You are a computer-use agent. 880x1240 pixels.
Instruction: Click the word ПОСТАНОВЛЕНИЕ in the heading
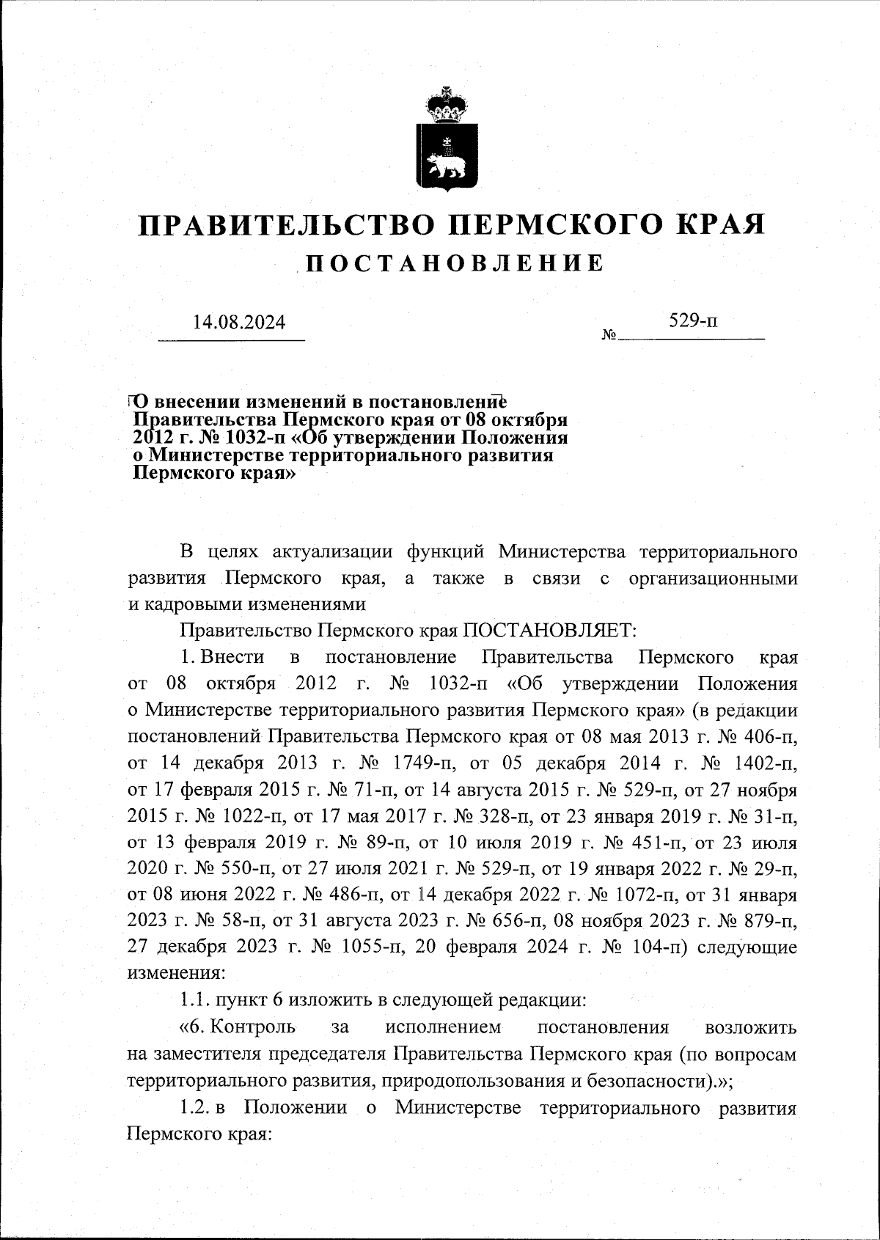pyautogui.click(x=454, y=263)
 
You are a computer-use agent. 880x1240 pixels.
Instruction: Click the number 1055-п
pyautogui.click(x=370, y=947)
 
